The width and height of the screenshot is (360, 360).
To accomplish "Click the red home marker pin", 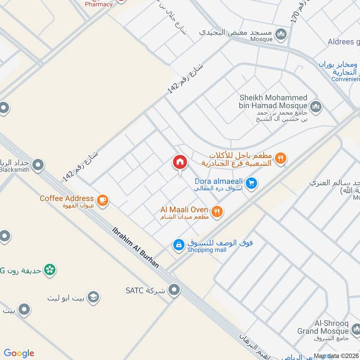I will (180, 162).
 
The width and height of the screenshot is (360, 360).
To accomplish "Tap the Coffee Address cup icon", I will (103, 200).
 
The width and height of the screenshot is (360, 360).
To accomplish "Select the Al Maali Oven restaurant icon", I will (217, 211).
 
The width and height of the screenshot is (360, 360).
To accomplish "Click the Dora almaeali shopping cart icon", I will (252, 183).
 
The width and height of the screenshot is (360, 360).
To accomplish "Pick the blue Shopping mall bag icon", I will (179, 245).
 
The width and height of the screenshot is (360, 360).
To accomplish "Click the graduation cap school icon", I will (94, 297).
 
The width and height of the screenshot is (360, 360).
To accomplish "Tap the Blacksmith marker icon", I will (39, 165).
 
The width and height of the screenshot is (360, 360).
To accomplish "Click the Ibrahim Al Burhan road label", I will (135, 247).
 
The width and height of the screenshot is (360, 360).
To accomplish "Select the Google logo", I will (19, 353).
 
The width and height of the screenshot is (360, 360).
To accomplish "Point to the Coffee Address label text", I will (67, 198).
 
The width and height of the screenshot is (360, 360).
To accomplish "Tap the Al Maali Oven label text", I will (184, 210).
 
